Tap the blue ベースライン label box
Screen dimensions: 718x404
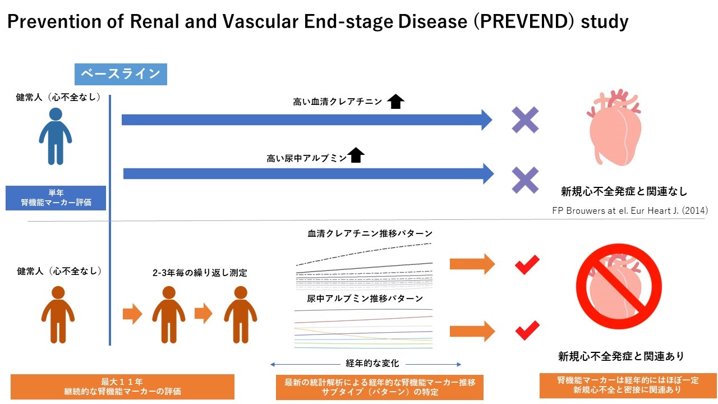pos(121,75)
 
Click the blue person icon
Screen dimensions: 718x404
pos(56,136)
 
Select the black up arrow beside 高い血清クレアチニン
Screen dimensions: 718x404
pos(395,102)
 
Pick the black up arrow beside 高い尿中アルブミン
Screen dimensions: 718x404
pos(356,155)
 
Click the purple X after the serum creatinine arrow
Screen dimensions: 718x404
pos(525,120)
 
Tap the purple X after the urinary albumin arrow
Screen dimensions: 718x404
pos(525,180)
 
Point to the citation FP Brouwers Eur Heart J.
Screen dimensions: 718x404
pos(630,210)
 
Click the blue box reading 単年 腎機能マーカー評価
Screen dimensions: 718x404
pos(56,198)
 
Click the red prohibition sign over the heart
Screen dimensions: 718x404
pos(619,286)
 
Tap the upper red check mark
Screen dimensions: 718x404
pos(527,265)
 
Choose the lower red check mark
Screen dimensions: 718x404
pos(527,330)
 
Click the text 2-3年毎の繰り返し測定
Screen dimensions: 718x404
pos(200,273)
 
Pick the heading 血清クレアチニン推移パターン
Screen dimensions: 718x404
pos(370,233)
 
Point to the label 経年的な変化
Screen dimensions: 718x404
pos(372,363)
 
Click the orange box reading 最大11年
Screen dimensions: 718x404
pos(122,387)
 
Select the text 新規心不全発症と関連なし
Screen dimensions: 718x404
pos(624,191)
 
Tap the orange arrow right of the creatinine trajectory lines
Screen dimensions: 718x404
pos(472,264)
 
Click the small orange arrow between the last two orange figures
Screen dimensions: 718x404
pos(204,313)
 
